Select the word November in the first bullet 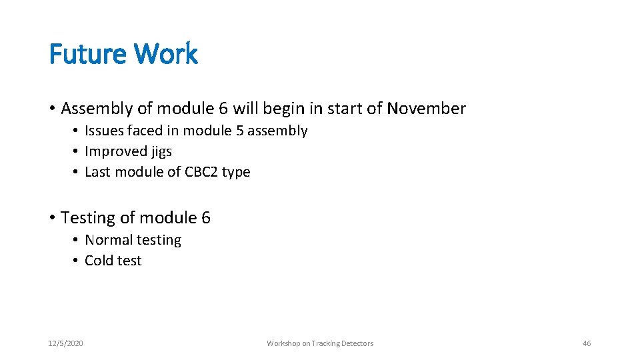click(427, 108)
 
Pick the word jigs click(161, 152)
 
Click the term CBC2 click(199, 172)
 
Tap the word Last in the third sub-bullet click(97, 172)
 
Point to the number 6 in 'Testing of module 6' click(205, 218)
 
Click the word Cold click(99, 261)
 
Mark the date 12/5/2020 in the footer click(66, 343)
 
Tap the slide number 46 click(587, 343)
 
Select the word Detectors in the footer click(357, 343)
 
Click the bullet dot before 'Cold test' click(77, 261)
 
